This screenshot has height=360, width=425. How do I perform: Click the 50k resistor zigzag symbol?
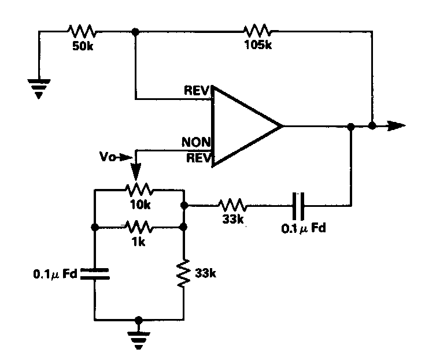point(81,31)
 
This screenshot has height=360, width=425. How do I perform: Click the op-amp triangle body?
point(243,126)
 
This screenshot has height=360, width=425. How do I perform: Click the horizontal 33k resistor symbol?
point(232,204)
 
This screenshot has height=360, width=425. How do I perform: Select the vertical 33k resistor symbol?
point(183,273)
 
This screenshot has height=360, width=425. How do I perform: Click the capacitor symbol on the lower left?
point(94,273)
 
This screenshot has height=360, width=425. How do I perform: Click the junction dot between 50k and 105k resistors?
point(135,31)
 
